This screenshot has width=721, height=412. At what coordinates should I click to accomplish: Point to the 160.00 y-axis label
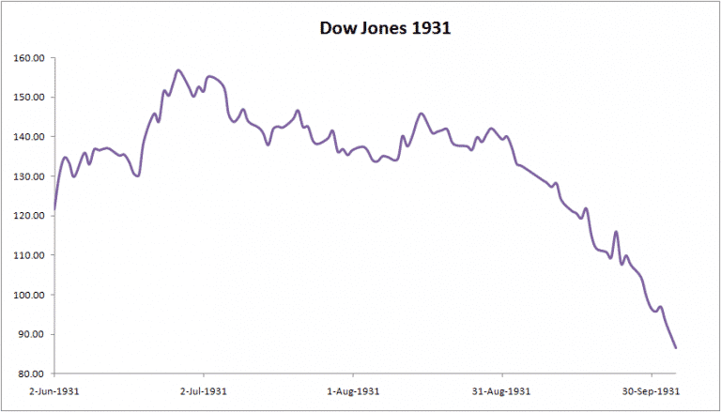30,58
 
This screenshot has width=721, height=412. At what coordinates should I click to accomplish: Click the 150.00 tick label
30,98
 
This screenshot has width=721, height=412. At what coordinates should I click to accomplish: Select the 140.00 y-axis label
30,137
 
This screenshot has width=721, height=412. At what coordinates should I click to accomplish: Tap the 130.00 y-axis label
30,176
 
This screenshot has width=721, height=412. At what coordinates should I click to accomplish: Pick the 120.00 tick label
30,216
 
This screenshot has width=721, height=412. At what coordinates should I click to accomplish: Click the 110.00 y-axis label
30,255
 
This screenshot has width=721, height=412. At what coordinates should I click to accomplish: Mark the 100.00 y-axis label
30,295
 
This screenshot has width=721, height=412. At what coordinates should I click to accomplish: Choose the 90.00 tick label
32,335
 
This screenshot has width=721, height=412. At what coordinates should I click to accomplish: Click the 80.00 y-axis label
32,374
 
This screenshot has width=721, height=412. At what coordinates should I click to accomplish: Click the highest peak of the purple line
178,70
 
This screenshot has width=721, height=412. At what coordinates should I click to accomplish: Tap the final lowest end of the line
676,348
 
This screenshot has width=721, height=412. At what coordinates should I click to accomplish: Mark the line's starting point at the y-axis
54,208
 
